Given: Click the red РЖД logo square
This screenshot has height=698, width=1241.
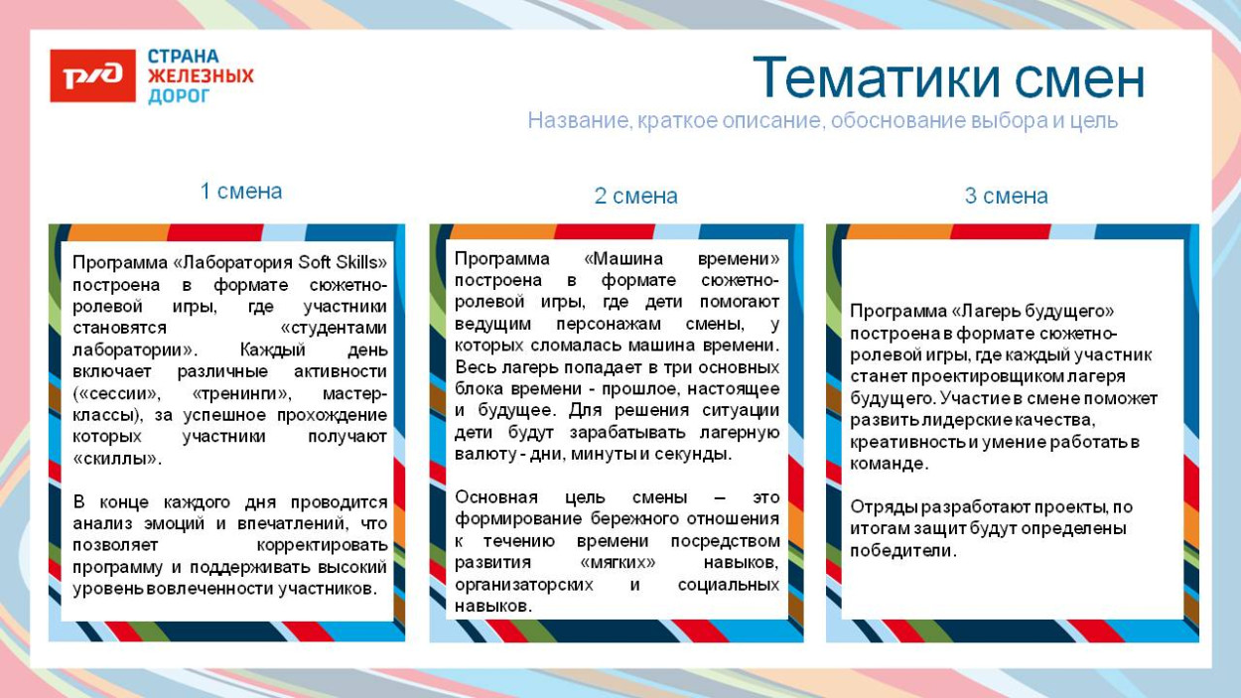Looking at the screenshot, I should pos(92,75).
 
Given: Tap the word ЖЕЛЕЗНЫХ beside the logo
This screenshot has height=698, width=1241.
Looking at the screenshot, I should pos(201,76).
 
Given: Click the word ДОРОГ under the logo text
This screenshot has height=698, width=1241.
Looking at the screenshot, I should pos(179,96).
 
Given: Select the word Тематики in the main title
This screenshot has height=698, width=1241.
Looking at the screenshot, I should pos(864,78).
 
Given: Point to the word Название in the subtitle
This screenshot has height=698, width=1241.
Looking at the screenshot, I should pos(575,121).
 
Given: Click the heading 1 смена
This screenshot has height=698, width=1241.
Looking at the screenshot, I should pos(241,192).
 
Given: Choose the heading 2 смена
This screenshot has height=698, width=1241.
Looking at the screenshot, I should pos(635,197).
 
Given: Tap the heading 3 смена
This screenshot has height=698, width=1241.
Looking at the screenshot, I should pos(1006,197).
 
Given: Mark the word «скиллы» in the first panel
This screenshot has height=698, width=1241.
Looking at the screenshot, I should pos(116,459).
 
